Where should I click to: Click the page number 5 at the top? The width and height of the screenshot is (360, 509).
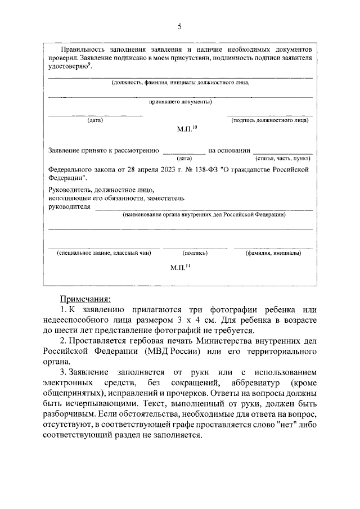click(180, 26)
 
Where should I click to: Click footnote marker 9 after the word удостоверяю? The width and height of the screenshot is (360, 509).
click(89, 64)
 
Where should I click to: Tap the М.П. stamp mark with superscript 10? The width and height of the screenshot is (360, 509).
click(186, 129)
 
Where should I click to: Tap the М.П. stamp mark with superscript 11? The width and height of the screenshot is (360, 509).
click(180, 268)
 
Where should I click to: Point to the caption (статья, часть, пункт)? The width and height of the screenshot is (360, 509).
click(283, 159)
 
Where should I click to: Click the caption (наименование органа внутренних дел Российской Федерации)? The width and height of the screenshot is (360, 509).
click(204, 215)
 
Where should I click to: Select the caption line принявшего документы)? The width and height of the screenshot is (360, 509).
click(180, 102)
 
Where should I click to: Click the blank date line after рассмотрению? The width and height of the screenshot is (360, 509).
click(184, 151)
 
